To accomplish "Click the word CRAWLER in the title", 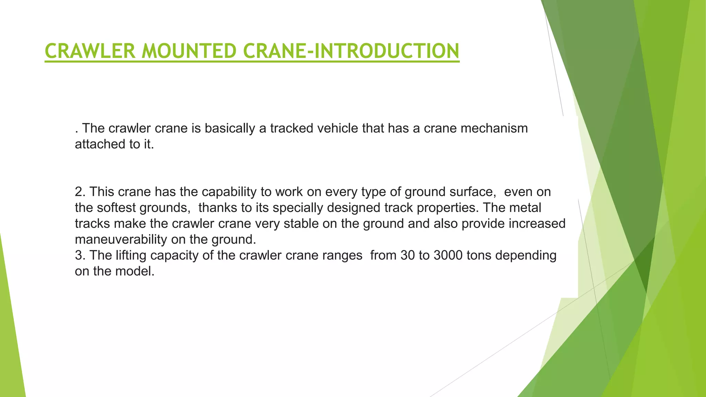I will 90,51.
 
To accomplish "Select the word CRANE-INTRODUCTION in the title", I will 351,51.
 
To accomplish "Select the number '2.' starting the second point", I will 80,192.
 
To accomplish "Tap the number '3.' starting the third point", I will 80,255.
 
